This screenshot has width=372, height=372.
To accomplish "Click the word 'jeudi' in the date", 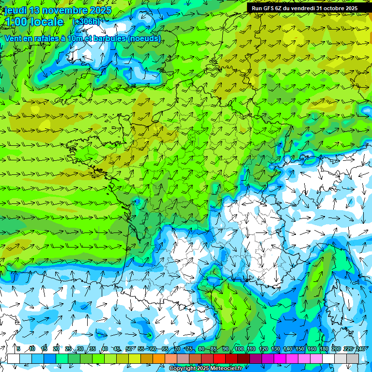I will point(15,10).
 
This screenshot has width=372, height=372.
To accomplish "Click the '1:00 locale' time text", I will point(34,22).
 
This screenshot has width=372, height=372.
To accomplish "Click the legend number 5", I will point(18,349).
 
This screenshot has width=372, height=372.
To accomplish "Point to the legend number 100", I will point(239,349).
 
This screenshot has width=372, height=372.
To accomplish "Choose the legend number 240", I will point(360,349).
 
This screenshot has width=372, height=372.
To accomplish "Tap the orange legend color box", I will point(158,358).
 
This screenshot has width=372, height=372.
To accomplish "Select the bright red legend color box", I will point(219,358).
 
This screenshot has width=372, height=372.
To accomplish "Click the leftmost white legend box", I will point(14,358).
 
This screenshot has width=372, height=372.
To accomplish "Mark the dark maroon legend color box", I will point(243,358).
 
